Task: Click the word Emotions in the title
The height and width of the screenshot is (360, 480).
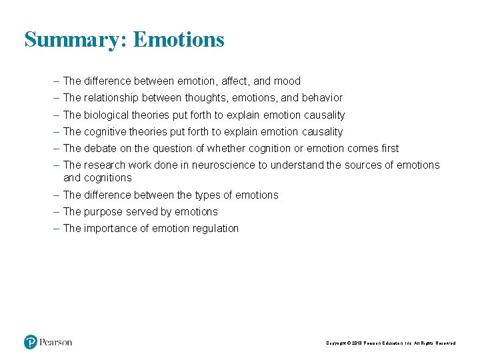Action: [x=179, y=40]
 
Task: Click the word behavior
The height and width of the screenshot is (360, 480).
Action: [x=321, y=98]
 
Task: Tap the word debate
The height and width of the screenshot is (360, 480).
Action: [x=101, y=149]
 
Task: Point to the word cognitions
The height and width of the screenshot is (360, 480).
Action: [x=108, y=178]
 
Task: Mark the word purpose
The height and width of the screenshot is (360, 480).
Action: [x=103, y=212]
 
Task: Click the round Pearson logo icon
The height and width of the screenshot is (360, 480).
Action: [x=31, y=342]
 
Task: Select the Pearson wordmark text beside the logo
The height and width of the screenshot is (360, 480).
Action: [x=56, y=342]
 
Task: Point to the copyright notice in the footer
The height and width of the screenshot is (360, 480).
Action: [x=391, y=343]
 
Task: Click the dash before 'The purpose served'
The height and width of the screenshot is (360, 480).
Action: [x=57, y=212]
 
